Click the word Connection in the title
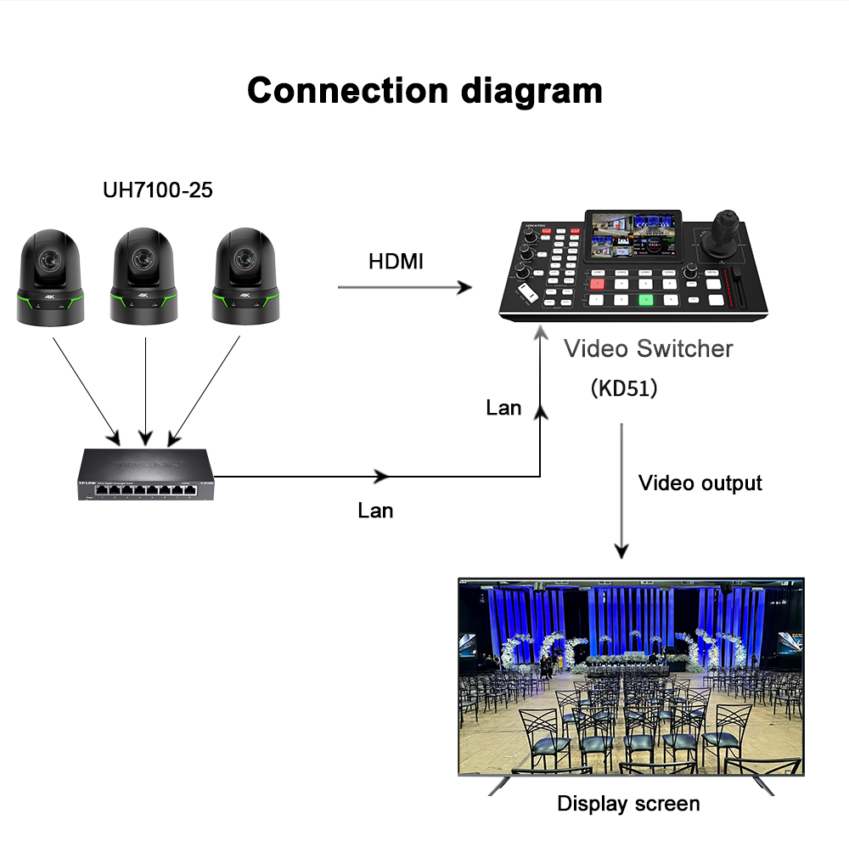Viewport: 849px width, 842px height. pos(347,90)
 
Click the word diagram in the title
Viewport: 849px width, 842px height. pos(531,92)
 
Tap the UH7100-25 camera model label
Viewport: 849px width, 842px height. pos(158,190)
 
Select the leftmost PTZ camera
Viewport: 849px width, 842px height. pos(50,278)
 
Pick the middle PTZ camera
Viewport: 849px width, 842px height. pos(143,276)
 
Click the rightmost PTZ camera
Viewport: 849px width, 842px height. pos(245,276)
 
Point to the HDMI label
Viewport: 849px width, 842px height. pos(396,262)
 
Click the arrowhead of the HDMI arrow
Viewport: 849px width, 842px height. pos(464,287)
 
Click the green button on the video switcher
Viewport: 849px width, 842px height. pos(646,300)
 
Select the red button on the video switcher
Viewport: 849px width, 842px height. pos(597,284)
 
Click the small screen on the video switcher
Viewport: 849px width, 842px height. pos(633,235)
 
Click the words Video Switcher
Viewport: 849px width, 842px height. pos(648,348)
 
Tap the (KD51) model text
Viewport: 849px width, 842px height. pos(624,388)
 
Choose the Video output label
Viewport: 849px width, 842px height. pos(700,483)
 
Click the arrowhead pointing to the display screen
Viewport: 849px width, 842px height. pos(621,551)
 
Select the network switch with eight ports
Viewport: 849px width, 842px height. pos(146,474)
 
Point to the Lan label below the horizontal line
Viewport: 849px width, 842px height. pos(375,511)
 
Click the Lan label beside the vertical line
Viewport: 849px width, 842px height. pos(503,408)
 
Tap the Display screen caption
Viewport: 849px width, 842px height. pos(628,804)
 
